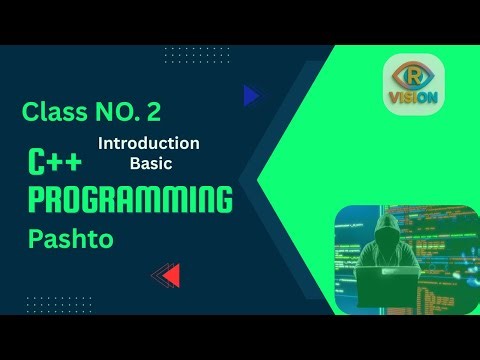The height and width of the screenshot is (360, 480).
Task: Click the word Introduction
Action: coord(149,143)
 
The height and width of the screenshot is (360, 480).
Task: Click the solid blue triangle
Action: coord(250,96)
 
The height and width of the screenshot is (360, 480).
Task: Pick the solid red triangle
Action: coord(172,274)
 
